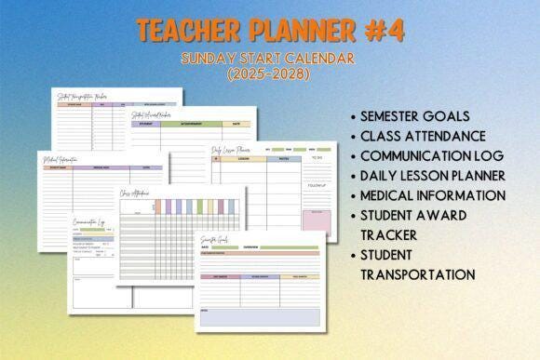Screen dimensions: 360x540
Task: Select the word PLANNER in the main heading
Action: coord(290,30)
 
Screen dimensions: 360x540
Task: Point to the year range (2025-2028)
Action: coord(270,73)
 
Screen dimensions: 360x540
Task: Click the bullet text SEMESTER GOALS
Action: coord(416,116)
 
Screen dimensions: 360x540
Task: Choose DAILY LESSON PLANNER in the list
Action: coord(433,175)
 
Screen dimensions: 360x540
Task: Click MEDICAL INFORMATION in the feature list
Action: coord(433,195)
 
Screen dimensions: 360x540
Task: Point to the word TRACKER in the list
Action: coord(388,234)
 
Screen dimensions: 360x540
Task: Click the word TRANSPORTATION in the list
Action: coord(418,274)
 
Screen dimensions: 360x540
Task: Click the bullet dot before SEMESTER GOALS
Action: coord(353,117)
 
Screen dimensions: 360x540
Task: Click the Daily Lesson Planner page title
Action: coord(231,150)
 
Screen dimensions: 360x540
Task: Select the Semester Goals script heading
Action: coord(217,239)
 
